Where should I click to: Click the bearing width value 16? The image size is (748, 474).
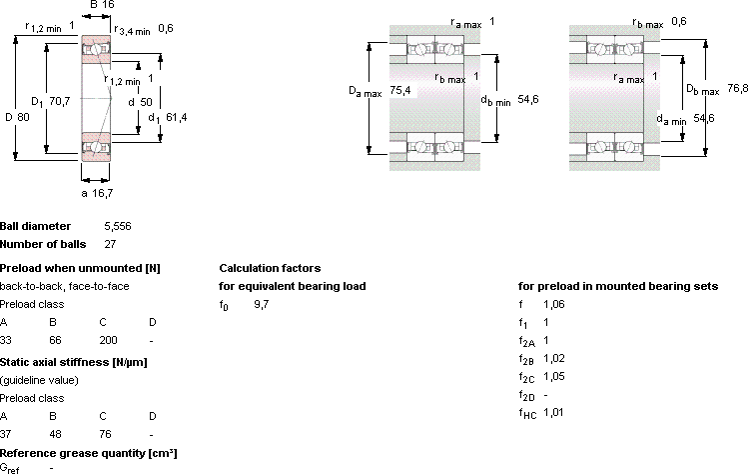click(109, 5)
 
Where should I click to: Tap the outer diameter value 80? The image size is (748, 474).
click(23, 117)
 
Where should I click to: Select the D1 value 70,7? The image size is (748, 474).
click(60, 101)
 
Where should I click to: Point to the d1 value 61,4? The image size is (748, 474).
click(177, 117)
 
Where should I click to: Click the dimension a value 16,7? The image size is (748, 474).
click(103, 193)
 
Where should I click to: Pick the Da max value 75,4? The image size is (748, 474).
click(400, 90)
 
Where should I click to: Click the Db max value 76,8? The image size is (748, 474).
click(737, 88)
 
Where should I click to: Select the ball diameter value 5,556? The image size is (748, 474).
click(118, 226)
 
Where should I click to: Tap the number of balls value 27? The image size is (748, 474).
click(110, 244)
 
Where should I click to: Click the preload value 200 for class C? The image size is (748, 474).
click(108, 340)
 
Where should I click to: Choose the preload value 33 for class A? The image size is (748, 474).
click(6, 340)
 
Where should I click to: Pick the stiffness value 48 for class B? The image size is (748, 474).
click(55, 434)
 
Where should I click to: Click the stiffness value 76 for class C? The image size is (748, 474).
click(105, 434)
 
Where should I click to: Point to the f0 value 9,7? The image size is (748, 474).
click(262, 304)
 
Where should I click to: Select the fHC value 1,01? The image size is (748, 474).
click(553, 412)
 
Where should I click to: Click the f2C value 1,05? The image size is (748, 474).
click(554, 376)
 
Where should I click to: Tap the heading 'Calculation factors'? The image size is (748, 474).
click(270, 268)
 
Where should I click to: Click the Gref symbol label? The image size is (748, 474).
click(10, 468)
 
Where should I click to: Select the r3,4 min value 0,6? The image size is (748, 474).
click(166, 28)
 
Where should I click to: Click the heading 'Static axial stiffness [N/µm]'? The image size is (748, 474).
click(74, 362)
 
